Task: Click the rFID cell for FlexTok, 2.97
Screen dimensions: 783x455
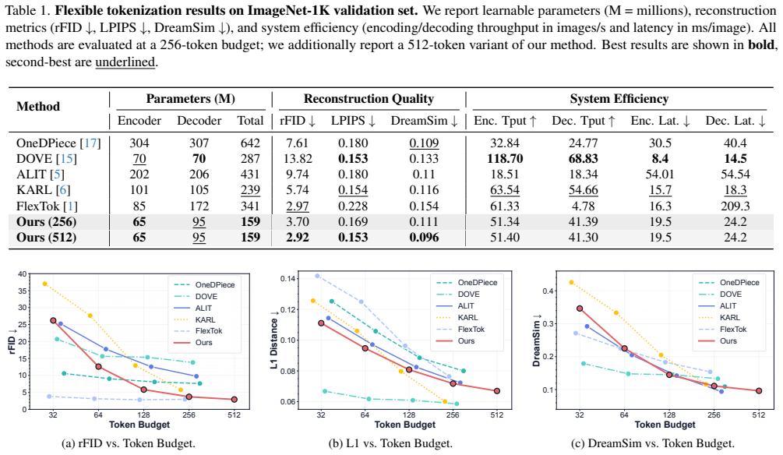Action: (x=297, y=206)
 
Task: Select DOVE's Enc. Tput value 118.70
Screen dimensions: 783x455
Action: (x=505, y=158)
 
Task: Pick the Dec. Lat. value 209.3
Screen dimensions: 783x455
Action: (x=735, y=206)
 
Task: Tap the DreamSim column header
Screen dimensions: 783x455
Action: (x=424, y=121)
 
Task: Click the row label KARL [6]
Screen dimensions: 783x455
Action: (x=44, y=190)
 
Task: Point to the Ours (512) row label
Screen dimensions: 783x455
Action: (x=47, y=237)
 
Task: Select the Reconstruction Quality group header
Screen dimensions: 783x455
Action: (x=369, y=99)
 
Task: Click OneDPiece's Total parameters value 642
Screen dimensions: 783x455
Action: (x=250, y=143)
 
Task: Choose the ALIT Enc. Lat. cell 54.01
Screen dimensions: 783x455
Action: (x=660, y=175)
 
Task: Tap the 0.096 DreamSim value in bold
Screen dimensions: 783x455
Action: (x=424, y=237)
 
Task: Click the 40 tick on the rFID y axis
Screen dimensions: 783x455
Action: (x=23, y=273)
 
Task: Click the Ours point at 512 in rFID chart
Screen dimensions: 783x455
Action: (x=235, y=399)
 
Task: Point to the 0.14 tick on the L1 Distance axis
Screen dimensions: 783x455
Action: (x=288, y=278)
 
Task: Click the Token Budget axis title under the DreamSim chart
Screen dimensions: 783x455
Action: (x=665, y=425)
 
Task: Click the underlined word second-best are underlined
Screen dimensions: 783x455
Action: (x=125, y=62)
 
